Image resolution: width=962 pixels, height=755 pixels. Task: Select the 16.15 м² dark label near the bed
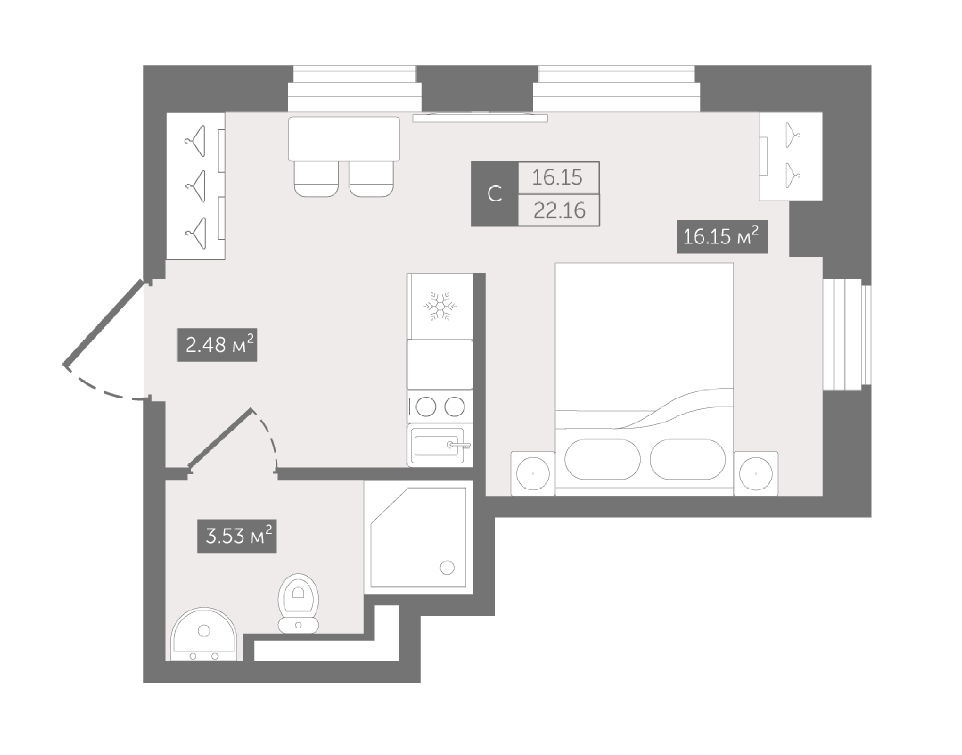[x=722, y=237]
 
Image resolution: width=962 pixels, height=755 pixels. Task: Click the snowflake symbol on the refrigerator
[x=440, y=306]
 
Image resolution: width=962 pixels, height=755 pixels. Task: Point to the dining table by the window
[x=344, y=139]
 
